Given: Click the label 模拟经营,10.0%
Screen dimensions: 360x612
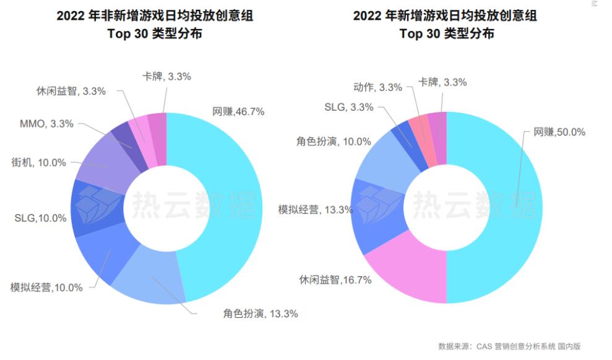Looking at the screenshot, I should (x=46, y=288).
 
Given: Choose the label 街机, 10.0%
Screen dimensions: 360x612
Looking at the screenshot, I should (x=38, y=163).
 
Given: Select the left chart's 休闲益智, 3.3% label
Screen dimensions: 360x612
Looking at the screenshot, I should (x=71, y=91).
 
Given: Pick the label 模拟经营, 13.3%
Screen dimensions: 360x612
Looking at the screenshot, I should (x=316, y=210).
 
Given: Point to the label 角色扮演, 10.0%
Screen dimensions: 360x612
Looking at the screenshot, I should (x=334, y=142).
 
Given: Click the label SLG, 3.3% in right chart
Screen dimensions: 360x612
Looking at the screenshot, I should (x=349, y=107).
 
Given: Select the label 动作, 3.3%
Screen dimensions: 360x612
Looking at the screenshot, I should (x=378, y=87).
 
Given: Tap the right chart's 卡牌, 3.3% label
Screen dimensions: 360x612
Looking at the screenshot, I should (x=442, y=82).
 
